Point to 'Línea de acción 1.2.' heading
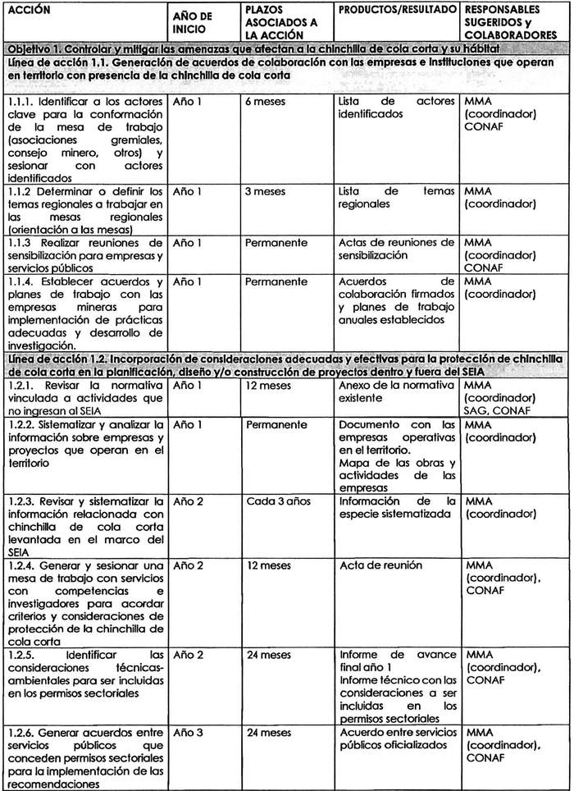pyautogui.click(x=57, y=359)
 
